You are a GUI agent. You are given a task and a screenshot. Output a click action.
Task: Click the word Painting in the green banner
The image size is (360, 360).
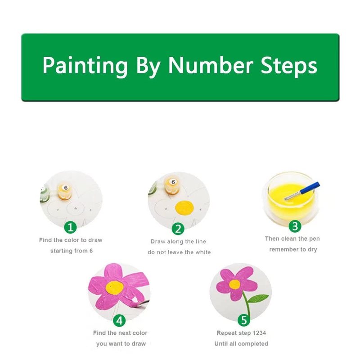85,66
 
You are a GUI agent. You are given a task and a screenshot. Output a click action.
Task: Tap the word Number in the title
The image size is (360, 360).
211,65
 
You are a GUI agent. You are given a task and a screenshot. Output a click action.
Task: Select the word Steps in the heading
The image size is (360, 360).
289,66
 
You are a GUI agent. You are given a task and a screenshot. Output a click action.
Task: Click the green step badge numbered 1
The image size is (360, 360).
70,227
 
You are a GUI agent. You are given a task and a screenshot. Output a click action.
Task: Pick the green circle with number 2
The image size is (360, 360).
178,229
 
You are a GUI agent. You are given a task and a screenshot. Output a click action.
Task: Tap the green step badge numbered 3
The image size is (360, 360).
295,226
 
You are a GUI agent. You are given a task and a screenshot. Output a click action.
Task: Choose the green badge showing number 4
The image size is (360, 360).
119,320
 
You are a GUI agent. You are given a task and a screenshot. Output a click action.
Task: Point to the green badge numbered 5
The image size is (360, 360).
243,320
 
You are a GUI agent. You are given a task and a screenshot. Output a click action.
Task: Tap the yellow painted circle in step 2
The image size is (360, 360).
184,208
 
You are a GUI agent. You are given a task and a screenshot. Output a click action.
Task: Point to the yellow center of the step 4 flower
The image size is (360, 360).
115,288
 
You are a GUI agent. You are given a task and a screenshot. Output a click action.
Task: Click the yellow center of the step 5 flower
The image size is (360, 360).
234,284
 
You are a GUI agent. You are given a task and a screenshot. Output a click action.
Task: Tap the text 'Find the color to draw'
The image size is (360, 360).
71,240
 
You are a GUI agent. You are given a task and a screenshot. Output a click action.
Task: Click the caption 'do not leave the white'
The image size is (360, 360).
179,252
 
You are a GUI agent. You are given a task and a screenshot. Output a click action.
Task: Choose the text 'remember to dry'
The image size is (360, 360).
293,250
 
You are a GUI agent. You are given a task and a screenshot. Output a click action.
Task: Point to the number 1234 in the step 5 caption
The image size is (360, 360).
260,333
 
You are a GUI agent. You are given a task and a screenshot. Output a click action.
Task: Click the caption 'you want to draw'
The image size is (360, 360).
121,344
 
